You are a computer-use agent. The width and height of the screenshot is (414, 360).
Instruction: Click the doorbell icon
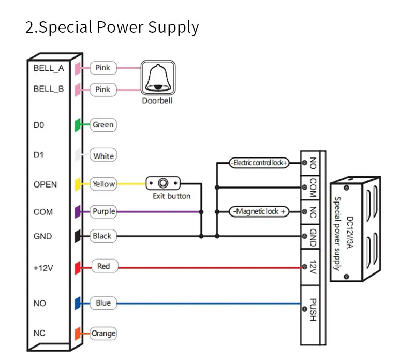point(158,78)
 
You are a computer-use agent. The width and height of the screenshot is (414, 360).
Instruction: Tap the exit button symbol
point(163,183)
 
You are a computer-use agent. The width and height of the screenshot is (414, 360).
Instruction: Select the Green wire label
point(103,125)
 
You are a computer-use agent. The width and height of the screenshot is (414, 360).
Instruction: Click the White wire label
point(103,155)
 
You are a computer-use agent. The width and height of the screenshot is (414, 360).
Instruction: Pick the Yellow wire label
point(103,184)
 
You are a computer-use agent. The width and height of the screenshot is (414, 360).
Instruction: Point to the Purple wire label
point(103,211)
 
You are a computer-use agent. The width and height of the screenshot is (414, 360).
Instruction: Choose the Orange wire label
point(103,333)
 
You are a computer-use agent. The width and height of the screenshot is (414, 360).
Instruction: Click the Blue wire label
point(103,303)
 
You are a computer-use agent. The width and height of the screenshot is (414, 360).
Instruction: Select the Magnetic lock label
point(259,211)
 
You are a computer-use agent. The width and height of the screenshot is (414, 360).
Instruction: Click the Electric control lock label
point(259,163)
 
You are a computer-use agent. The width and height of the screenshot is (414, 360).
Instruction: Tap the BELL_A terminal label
point(49,68)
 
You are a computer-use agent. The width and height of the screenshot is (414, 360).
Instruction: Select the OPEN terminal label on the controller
point(45,184)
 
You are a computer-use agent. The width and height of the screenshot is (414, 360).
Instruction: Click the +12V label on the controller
point(43,268)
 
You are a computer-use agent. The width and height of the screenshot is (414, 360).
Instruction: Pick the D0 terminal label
point(39,125)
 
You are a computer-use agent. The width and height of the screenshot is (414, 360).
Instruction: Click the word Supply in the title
point(173,27)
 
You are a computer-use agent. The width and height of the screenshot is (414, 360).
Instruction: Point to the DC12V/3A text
point(350,233)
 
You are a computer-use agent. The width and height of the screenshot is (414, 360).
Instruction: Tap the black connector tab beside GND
point(77,236)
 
